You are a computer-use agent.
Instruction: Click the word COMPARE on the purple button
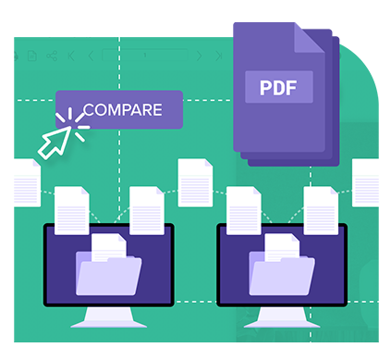coord(122,109)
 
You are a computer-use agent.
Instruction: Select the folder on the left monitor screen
coord(110,273)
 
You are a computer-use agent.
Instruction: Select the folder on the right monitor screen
coord(282,273)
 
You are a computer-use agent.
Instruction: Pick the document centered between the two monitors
coord(195,181)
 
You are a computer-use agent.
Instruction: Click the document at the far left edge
coord(26,181)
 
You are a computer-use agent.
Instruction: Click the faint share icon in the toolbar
coord(52,56)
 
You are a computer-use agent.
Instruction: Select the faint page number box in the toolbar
coord(143,56)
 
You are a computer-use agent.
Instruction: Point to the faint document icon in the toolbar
coord(31,56)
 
